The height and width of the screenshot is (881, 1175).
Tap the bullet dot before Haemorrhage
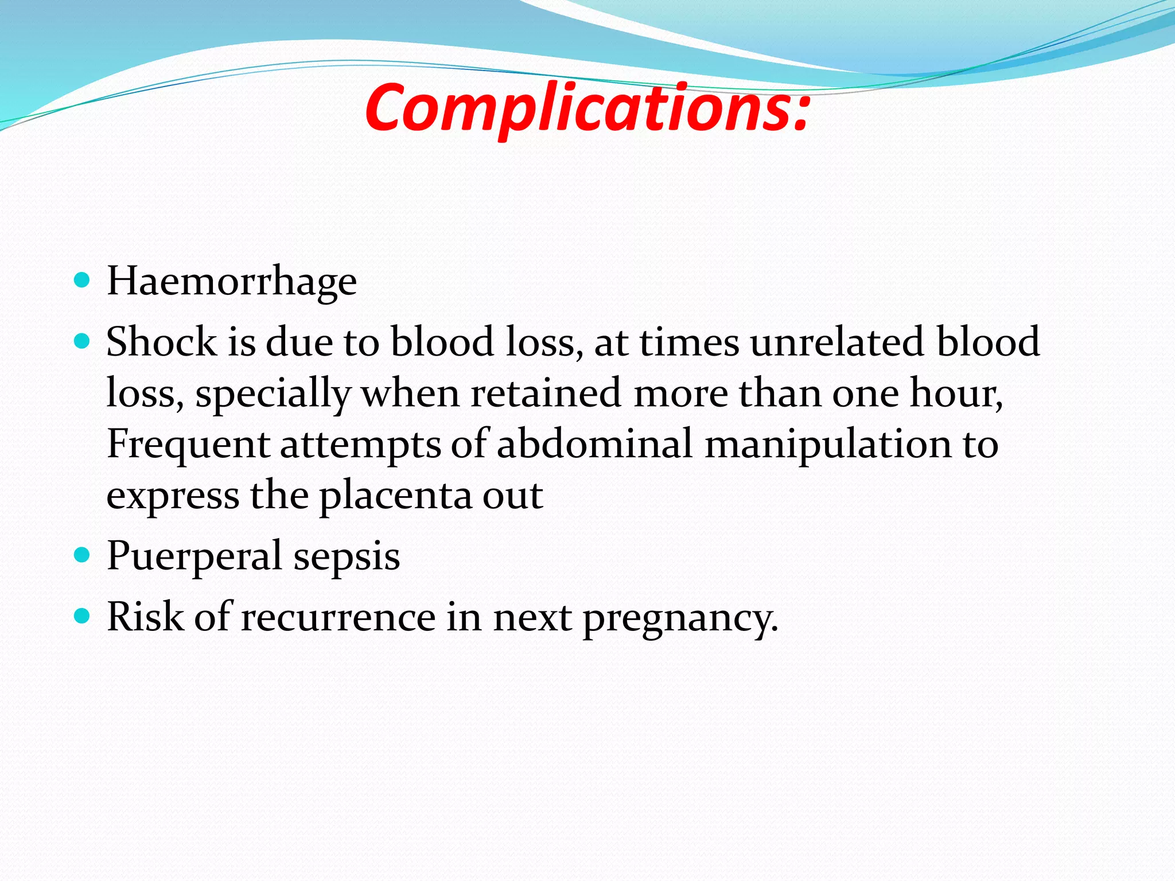(x=83, y=280)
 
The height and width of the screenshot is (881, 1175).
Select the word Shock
(x=161, y=342)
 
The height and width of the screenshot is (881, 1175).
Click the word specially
(x=273, y=395)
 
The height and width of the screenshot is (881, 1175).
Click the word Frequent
(x=188, y=445)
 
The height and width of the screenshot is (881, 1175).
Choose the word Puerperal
(x=194, y=556)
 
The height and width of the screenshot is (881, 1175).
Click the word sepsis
(x=347, y=556)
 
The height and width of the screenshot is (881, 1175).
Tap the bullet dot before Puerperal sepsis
(x=83, y=555)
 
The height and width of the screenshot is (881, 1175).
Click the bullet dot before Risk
(x=83, y=616)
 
